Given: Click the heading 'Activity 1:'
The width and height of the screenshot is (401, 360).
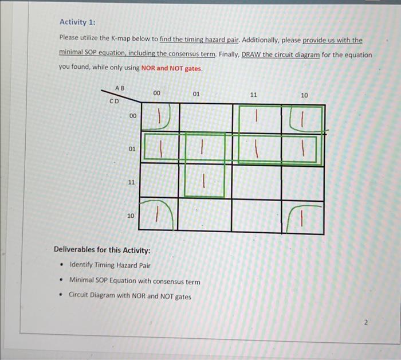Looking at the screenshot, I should click(78, 22).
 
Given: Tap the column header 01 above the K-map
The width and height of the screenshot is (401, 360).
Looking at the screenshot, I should click(196, 93).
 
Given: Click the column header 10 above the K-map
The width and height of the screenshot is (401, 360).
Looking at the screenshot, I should click(304, 95).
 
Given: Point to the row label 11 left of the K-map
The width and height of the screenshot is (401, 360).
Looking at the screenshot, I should click(131, 182).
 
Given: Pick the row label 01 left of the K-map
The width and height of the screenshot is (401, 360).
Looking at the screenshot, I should click(131, 148).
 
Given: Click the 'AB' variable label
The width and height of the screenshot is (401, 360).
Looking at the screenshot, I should click(119, 88).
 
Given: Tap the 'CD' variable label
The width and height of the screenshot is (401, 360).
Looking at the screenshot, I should click(114, 101).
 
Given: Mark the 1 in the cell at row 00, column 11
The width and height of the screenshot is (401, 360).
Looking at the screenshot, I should click(257, 116).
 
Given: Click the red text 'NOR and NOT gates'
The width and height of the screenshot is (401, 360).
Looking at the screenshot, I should click(171, 69).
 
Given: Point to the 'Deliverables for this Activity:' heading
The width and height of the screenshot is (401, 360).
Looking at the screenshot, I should click(102, 250).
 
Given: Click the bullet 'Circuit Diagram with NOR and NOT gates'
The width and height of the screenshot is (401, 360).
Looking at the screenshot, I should click(129, 296).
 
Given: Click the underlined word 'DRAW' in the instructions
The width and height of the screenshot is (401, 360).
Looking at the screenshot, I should click(252, 55).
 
